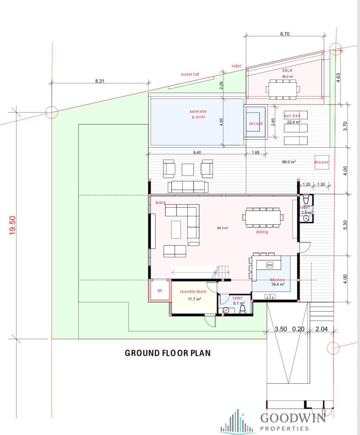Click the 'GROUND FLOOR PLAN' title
[167, 353]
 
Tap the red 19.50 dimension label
[13, 226]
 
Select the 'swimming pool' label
[198, 114]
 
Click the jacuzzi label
[256, 123]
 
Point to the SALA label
[287, 71]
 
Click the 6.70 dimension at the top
[285, 34]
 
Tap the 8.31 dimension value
[99, 81]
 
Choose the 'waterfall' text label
[190, 74]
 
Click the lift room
[160, 290]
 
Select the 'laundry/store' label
[193, 291]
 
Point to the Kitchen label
[277, 280]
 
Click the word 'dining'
[262, 232]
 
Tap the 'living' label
[160, 203]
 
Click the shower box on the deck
[321, 162]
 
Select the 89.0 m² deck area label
[289, 162]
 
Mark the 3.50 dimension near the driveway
[281, 329]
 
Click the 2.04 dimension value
[321, 329]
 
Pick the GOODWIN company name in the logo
[292, 418]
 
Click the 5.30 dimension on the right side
[345, 225]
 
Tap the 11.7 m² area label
[194, 299]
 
